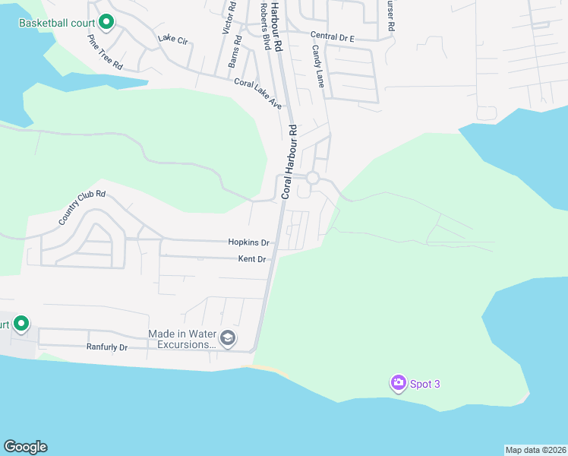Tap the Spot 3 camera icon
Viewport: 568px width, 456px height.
pyautogui.click(x=398, y=384)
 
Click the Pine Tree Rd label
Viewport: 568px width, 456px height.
pyautogui.click(x=105, y=52)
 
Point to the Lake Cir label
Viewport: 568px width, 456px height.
pyautogui.click(x=172, y=39)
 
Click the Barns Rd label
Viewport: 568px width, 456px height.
pyautogui.click(x=235, y=52)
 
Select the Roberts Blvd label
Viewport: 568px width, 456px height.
pyautogui.click(x=264, y=21)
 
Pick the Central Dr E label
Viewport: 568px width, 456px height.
pyautogui.click(x=333, y=36)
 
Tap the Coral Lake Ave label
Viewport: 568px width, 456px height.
pyautogui.click(x=257, y=93)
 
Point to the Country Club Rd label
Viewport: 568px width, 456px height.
pyautogui.click(x=81, y=207)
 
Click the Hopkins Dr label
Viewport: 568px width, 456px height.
pyautogui.click(x=249, y=242)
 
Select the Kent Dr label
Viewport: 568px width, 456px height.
pyautogui.click(x=251, y=259)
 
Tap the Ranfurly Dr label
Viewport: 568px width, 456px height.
pyautogui.click(x=106, y=347)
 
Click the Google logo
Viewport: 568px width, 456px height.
pyautogui.click(x=25, y=447)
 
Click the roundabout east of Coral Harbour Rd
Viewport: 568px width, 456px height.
pyautogui.click(x=312, y=178)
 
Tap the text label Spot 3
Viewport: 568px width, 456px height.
pyautogui.click(x=425, y=384)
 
